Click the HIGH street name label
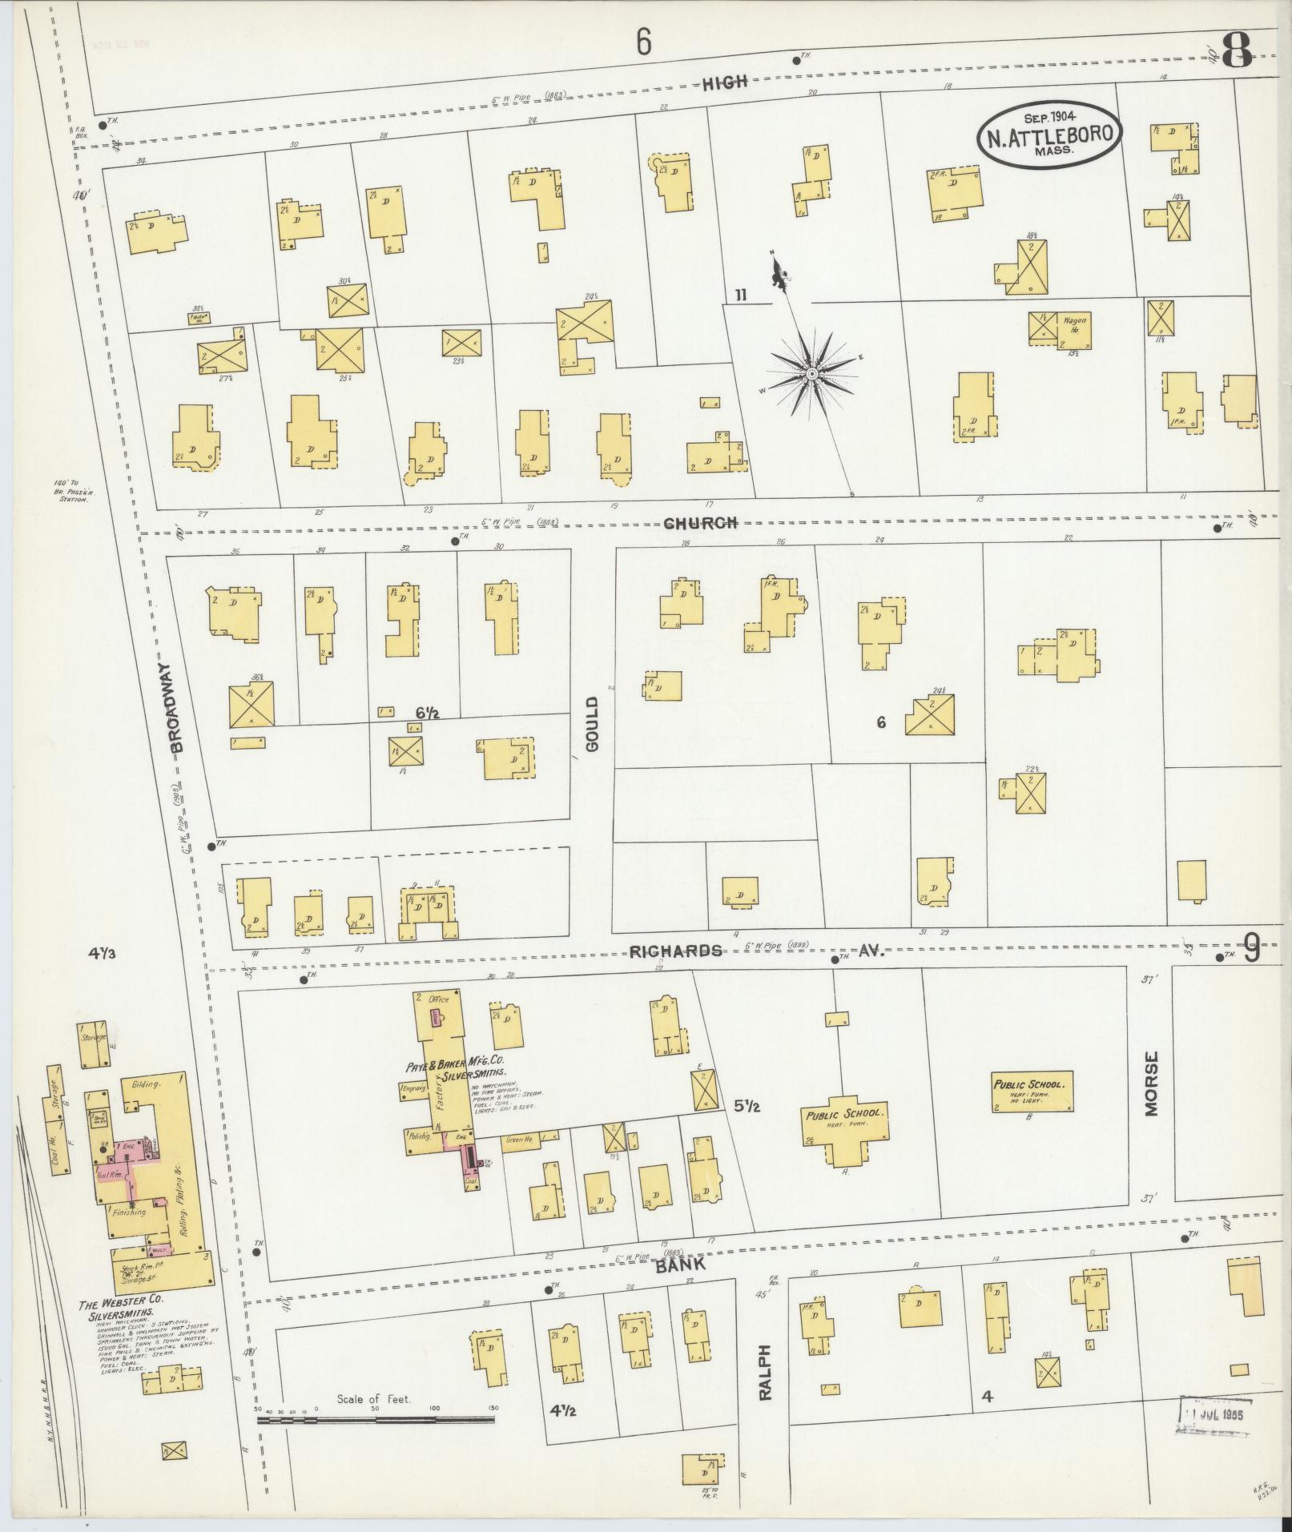[725, 82]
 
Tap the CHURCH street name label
[699, 523]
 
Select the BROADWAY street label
[177, 706]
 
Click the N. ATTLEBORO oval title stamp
[1048, 134]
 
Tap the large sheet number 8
[1238, 50]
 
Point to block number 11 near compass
[740, 296]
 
